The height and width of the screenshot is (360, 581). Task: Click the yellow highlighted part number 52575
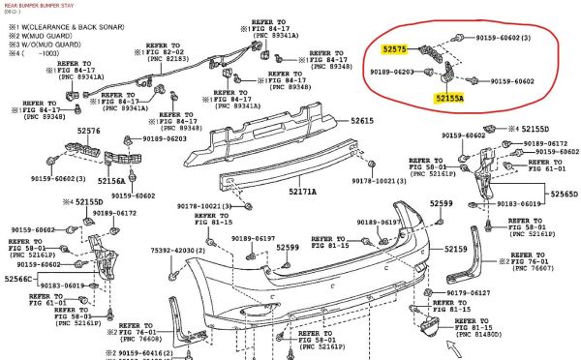[394, 46]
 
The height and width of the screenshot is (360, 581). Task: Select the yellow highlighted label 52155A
[448, 98]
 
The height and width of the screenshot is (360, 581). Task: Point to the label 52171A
[302, 192]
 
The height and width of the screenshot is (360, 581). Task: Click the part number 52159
[456, 250]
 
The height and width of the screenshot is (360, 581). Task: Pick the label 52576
[88, 131]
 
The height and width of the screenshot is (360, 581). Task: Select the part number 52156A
[111, 181]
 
